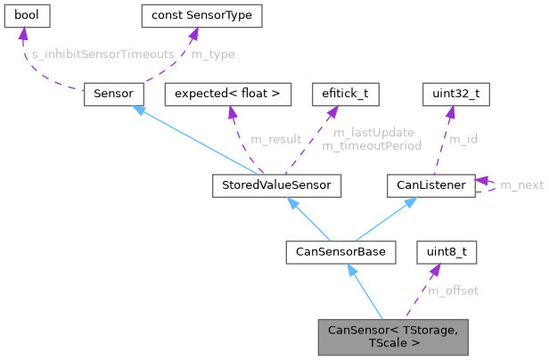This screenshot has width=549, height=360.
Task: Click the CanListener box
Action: (430, 185)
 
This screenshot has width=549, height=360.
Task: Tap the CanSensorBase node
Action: (340, 252)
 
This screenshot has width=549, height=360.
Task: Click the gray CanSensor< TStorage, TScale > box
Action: (392, 336)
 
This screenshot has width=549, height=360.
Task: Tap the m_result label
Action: (275, 139)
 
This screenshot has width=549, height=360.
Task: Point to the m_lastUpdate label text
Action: (373, 133)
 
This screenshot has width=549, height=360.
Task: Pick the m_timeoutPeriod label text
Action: (378, 144)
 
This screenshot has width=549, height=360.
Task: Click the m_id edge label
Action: (463, 139)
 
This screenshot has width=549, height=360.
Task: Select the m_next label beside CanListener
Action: (521, 185)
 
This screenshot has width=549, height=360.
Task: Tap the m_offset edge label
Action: (453, 290)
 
